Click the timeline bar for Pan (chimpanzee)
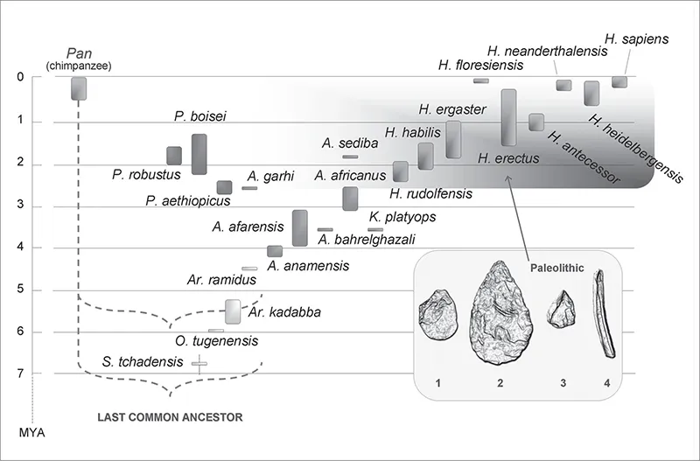click(x=79, y=88)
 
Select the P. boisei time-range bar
click(x=199, y=154)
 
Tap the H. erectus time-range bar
click(x=508, y=117)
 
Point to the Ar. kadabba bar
click(x=233, y=311)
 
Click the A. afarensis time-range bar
click(x=299, y=228)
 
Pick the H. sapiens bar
click(x=619, y=82)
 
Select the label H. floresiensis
click(x=480, y=65)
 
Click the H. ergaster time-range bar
click(x=453, y=139)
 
